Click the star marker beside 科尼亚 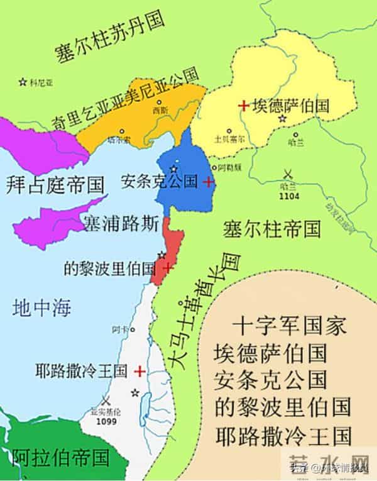[x=23, y=82]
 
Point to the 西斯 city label [x=160, y=110]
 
